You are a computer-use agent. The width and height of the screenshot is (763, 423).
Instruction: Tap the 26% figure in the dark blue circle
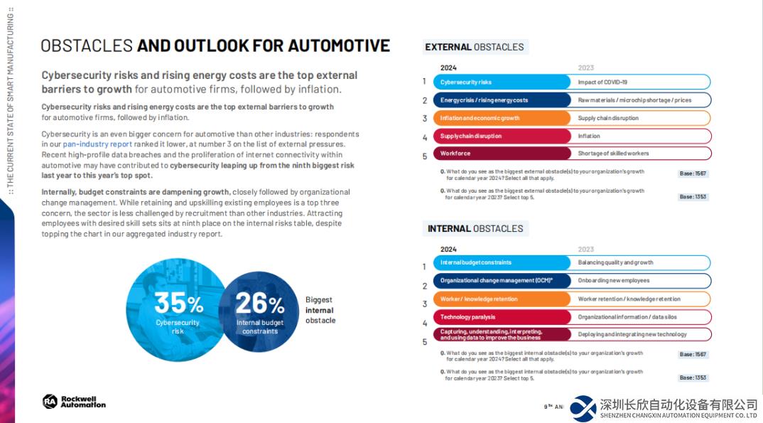260,304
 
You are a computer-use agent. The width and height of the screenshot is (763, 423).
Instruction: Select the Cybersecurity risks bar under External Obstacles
502,82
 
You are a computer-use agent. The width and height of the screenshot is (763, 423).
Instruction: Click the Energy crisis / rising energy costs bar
502,100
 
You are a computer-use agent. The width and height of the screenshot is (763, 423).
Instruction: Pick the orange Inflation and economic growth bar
502,118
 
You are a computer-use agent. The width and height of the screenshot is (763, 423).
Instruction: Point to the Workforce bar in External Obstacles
502,153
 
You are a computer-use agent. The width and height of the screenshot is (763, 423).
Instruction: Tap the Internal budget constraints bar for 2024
502,262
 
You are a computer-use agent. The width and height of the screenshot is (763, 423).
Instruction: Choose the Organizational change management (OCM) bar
502,281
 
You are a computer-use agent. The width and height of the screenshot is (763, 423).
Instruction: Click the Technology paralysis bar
502,317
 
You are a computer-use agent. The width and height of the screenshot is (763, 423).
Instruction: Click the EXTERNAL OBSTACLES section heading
475,47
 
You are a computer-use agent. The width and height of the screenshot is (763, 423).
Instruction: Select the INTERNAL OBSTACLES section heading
475,228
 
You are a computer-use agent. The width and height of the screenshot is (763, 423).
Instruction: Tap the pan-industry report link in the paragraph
97,144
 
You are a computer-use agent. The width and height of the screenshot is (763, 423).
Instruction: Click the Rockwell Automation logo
74,402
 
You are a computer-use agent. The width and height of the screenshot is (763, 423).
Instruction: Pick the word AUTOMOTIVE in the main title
332,45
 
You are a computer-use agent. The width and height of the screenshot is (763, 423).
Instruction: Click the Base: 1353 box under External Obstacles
693,197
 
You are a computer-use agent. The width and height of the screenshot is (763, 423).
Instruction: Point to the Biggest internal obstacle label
320,310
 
